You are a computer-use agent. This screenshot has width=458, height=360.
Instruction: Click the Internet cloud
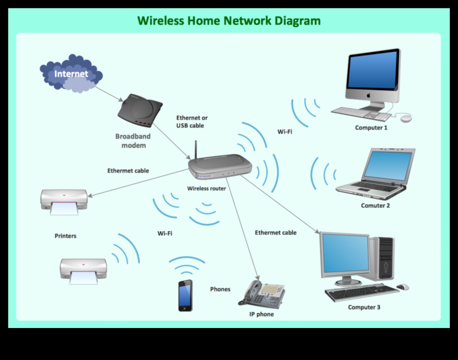[x=71, y=74]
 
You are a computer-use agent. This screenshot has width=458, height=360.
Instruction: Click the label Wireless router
[x=206, y=189]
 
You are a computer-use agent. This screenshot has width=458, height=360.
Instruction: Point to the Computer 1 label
[x=371, y=128]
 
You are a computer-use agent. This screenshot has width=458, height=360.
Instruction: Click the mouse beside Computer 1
[x=405, y=118]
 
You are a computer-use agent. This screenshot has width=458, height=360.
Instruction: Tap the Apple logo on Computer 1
[x=369, y=95]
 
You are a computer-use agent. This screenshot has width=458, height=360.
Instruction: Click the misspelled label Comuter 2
[x=375, y=205]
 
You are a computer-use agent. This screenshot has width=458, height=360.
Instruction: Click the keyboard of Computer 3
[x=362, y=292]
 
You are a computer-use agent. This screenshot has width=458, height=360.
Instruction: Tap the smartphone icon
[x=185, y=295]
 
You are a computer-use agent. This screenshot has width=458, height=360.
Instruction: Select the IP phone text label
[x=261, y=314]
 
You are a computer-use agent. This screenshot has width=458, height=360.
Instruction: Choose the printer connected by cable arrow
[x=64, y=201]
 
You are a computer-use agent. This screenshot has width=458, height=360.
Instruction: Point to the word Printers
[x=65, y=236]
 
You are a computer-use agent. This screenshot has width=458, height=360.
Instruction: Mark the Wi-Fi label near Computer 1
[x=285, y=132]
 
